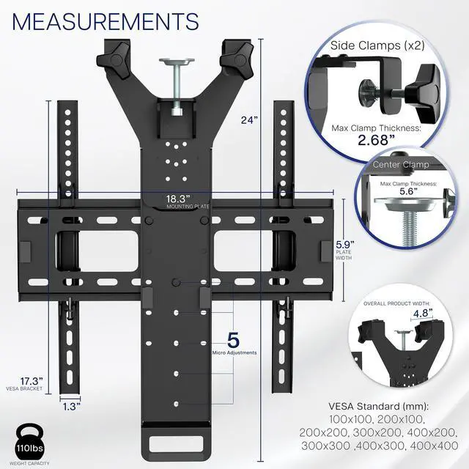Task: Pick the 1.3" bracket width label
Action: [71, 405]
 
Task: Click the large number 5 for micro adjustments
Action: [234, 341]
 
